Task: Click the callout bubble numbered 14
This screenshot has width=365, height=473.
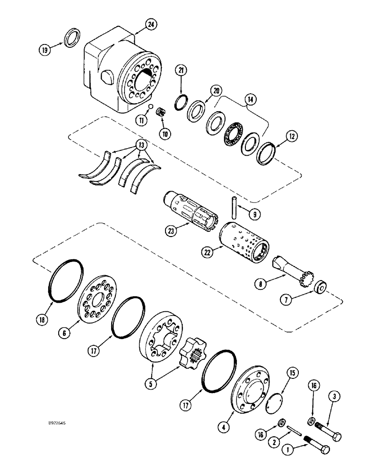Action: point(249,100)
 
